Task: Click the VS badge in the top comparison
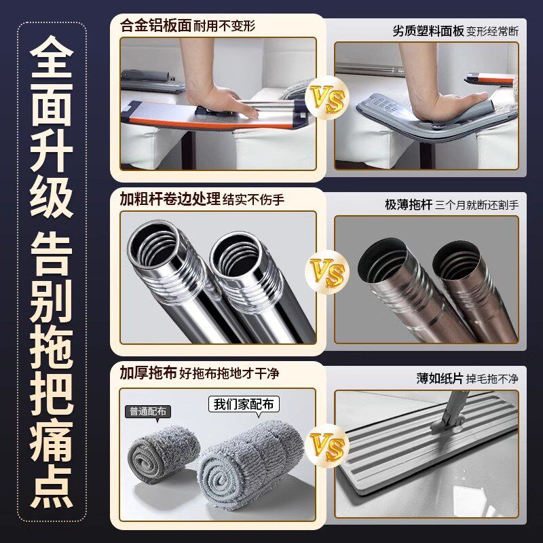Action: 325,98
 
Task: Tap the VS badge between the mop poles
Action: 325,273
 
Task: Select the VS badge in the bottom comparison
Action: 325,446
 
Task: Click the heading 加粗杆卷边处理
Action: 170,200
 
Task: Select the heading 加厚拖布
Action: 148,373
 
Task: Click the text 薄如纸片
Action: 439,378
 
